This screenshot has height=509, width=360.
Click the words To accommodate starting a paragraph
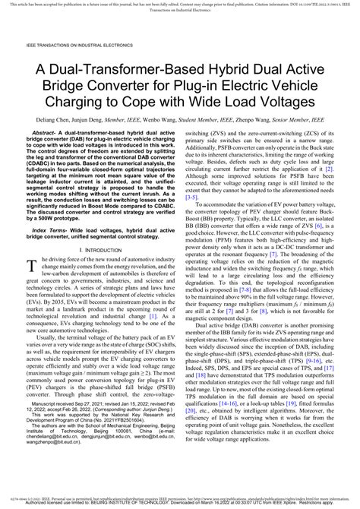(x=225, y=204)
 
